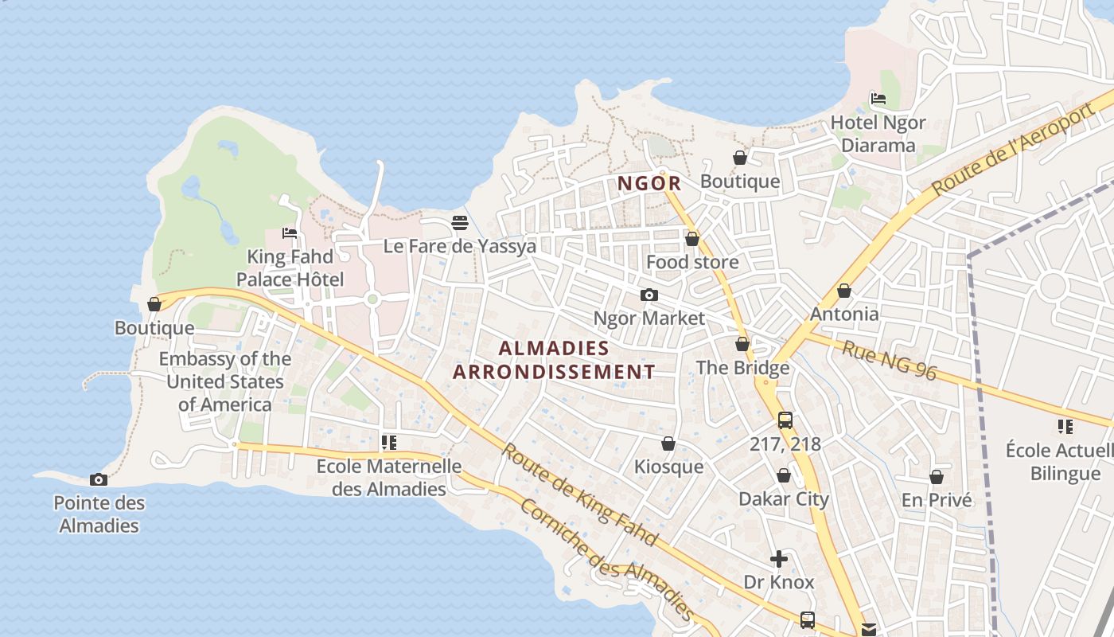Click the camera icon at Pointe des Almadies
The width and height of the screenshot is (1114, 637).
pos(99,479)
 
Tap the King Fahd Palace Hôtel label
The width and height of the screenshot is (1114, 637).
pos(290,268)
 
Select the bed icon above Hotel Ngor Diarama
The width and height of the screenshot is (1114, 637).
pos(878,99)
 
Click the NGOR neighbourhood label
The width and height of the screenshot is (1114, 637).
pos(650,183)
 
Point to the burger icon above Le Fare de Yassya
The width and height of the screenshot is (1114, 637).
pos(460,223)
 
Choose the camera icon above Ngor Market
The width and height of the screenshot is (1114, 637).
pos(649,295)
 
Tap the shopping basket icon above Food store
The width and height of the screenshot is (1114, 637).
pos(692,239)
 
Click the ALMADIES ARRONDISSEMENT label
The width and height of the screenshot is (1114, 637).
pos(554,360)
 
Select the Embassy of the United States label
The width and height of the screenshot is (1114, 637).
pos(224,381)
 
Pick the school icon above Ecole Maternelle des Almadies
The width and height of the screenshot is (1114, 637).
pos(389,443)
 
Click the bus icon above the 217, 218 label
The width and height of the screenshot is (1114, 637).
pos(785,420)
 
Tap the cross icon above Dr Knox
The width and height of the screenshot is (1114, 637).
pos(779,559)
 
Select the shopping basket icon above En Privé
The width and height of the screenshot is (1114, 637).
pos(937,477)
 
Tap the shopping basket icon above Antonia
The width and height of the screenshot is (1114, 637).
pos(844,291)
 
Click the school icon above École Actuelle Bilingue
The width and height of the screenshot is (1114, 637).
pos(1065,427)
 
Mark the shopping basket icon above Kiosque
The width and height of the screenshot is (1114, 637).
pos(668,444)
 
